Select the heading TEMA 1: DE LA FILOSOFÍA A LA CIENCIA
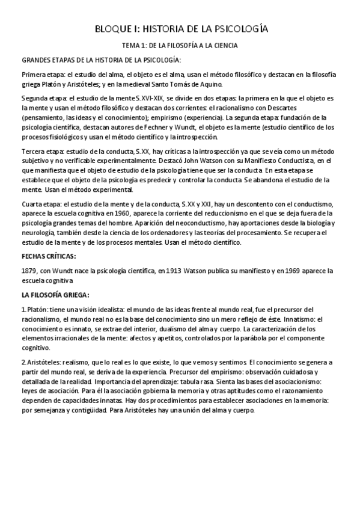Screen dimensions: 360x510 tap(180, 45)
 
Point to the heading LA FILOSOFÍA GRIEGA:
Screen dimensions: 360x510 tap(55, 295)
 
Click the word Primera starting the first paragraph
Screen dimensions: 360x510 tap(34, 75)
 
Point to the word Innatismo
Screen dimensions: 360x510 tap(296, 319)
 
